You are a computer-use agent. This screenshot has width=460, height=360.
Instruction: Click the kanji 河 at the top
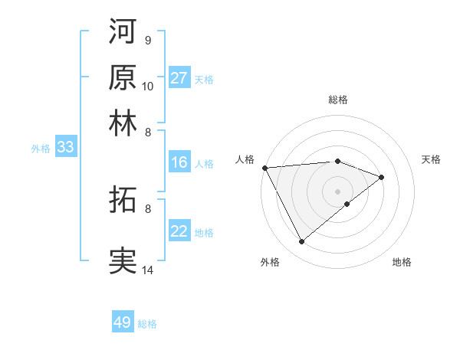[x=123, y=33]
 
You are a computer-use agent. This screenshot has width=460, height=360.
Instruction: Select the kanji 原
[x=123, y=77]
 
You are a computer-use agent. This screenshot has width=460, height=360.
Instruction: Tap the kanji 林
[x=123, y=123]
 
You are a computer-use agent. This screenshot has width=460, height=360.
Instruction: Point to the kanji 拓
[x=123, y=201]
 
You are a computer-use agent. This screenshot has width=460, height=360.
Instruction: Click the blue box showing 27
[x=179, y=78]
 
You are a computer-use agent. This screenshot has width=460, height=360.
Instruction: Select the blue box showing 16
[x=179, y=162]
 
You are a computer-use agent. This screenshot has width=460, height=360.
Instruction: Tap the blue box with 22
[x=179, y=232]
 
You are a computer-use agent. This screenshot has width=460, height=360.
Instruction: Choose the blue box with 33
[x=65, y=148]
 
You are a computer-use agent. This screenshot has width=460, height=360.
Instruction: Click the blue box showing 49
[x=123, y=322]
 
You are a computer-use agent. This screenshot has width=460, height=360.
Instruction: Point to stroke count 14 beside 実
[x=148, y=270]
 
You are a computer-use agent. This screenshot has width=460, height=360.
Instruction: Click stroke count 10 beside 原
[x=148, y=86]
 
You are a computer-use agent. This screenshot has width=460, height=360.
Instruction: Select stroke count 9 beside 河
[x=147, y=40]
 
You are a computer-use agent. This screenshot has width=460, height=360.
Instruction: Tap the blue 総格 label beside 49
[x=147, y=324]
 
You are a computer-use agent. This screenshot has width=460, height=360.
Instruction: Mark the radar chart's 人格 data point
[x=264, y=167]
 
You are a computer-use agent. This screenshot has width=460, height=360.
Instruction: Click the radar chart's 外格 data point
[x=301, y=242]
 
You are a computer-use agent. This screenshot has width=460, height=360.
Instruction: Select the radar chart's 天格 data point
[x=382, y=177]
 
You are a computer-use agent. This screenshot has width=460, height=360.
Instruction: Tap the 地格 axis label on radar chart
[x=402, y=262]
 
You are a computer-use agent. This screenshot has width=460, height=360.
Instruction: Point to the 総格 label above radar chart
[x=337, y=100]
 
